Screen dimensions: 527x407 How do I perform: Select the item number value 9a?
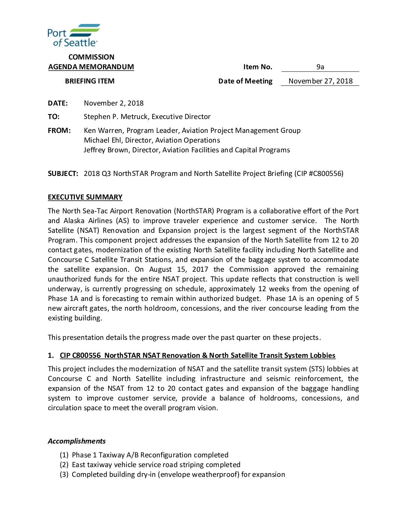click(x=320, y=67)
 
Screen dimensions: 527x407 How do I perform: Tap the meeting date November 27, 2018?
click(x=320, y=81)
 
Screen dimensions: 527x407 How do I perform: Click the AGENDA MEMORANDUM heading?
click(x=91, y=67)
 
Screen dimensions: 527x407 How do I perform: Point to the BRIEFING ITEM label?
click(x=90, y=81)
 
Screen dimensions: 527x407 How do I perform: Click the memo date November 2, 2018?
click(x=113, y=103)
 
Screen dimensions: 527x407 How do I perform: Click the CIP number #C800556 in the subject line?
click(x=325, y=174)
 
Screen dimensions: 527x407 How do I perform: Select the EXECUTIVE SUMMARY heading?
click(x=85, y=197)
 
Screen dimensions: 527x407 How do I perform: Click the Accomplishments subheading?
click(x=77, y=441)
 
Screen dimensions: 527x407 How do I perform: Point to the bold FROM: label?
click(x=59, y=131)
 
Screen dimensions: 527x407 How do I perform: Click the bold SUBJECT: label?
click(x=63, y=174)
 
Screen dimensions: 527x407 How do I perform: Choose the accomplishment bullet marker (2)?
click(x=64, y=465)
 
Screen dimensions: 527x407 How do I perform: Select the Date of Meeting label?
click(x=245, y=81)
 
